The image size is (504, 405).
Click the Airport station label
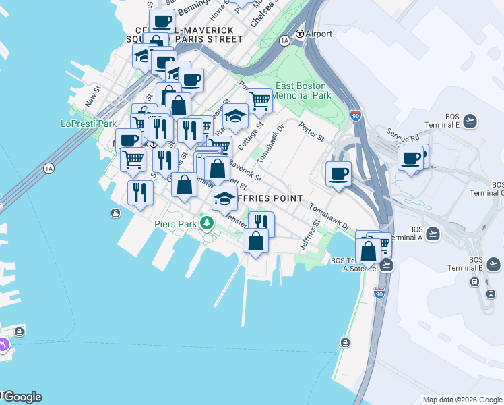319,34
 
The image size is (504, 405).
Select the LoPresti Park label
88,124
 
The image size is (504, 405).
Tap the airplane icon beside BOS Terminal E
470,122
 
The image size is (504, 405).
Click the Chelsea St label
263,14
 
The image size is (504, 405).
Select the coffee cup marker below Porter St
338,174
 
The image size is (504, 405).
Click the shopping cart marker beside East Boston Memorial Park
259,101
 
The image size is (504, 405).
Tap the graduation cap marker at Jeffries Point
224,198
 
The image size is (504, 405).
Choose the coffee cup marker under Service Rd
410,159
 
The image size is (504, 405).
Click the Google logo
22,397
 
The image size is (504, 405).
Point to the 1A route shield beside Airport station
284,41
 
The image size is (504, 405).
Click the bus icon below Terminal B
491,294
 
